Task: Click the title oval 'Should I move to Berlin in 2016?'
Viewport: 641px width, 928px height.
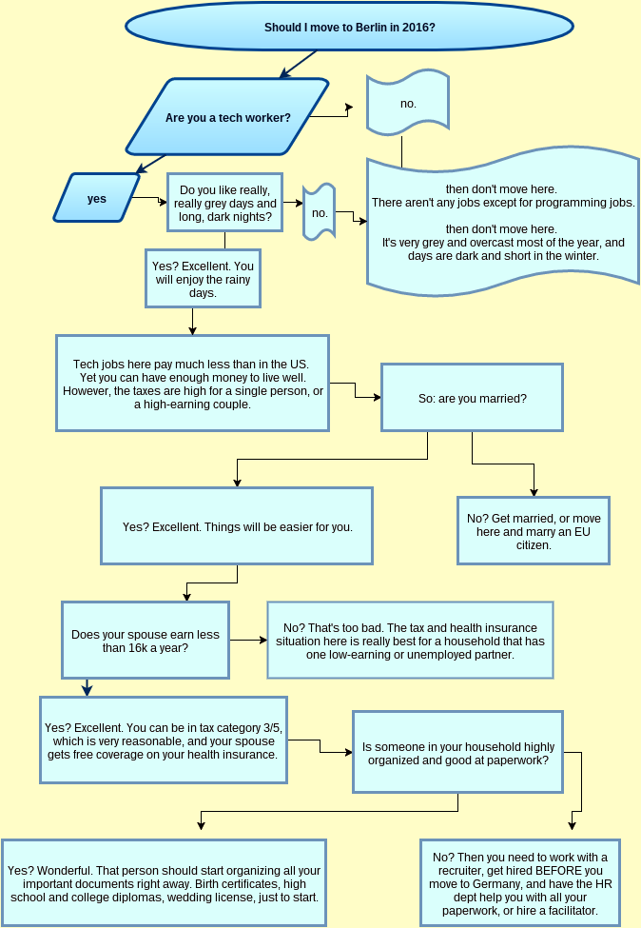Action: (x=349, y=28)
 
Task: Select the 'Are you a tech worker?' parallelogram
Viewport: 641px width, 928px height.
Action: (x=228, y=118)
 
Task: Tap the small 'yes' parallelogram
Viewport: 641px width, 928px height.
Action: (x=96, y=199)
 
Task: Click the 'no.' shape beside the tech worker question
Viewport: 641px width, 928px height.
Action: (x=408, y=103)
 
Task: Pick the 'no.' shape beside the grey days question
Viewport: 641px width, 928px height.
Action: (x=320, y=213)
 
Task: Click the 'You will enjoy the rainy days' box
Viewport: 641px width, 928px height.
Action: (x=203, y=280)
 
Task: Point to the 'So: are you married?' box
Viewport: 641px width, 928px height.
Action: (x=472, y=398)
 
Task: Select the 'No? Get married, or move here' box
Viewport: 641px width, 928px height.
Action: (x=533, y=531)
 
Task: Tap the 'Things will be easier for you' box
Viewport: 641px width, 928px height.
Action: (x=237, y=526)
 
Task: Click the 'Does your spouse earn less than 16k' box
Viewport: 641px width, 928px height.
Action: (x=146, y=641)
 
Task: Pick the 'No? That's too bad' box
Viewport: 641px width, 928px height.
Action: (x=410, y=641)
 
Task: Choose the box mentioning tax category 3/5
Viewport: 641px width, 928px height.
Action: (x=163, y=740)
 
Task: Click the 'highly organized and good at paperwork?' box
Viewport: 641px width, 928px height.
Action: (x=458, y=753)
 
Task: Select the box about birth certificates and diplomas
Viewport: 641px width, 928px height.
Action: (x=164, y=883)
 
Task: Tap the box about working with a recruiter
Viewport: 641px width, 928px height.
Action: (x=519, y=883)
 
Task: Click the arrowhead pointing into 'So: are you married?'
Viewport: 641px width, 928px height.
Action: (x=377, y=396)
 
